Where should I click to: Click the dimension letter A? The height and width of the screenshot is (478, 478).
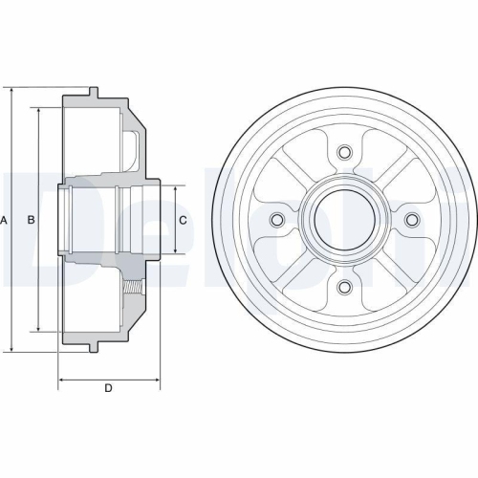tap(5, 221)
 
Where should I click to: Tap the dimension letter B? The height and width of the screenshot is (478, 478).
tap(31, 221)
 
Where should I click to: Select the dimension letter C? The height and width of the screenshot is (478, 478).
tap(183, 221)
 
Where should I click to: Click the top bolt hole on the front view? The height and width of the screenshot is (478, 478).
tap(344, 152)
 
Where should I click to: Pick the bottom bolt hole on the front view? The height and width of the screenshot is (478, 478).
tap(344, 288)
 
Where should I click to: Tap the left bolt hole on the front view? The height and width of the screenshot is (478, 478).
tap(277, 220)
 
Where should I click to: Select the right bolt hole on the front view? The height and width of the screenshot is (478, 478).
tap(412, 220)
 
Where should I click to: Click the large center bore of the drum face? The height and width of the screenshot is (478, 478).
tap(344, 220)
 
